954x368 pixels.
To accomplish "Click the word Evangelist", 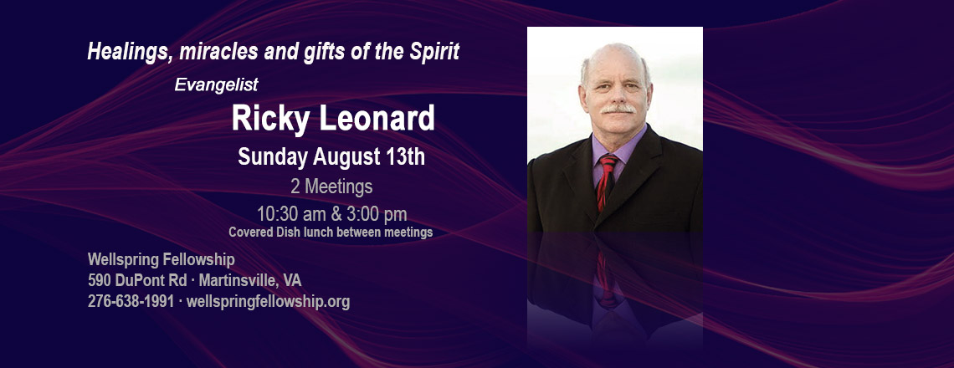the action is coord(217,84).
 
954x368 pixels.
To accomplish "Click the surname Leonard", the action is coord(377,117).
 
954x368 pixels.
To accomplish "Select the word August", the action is coord(346,157).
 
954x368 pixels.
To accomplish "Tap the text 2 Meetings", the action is coord(331,187).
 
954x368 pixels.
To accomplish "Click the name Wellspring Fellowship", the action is coord(162,260).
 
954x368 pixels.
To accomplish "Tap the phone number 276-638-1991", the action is coord(131,301).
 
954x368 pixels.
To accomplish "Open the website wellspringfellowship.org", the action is coord(269,302).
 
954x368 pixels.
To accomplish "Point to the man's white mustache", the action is coord(618,109).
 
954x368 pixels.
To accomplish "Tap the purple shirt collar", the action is coord(618,149).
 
